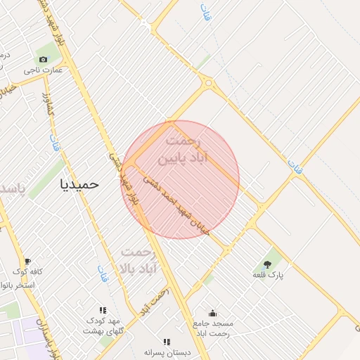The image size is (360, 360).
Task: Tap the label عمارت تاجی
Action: point(44,70)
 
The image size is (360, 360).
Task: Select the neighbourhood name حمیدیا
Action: point(79,184)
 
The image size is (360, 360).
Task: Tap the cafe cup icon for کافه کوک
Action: point(27,261)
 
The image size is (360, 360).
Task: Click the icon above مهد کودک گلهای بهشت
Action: point(103,309)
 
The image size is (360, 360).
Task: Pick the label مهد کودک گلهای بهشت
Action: point(103,325)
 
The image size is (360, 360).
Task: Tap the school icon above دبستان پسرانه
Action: point(167,341)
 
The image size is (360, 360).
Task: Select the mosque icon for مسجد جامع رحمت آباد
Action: point(213,314)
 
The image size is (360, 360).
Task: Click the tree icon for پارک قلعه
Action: point(269,264)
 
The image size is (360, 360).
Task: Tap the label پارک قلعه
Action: point(269,275)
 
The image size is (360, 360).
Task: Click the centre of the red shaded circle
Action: point(181,180)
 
